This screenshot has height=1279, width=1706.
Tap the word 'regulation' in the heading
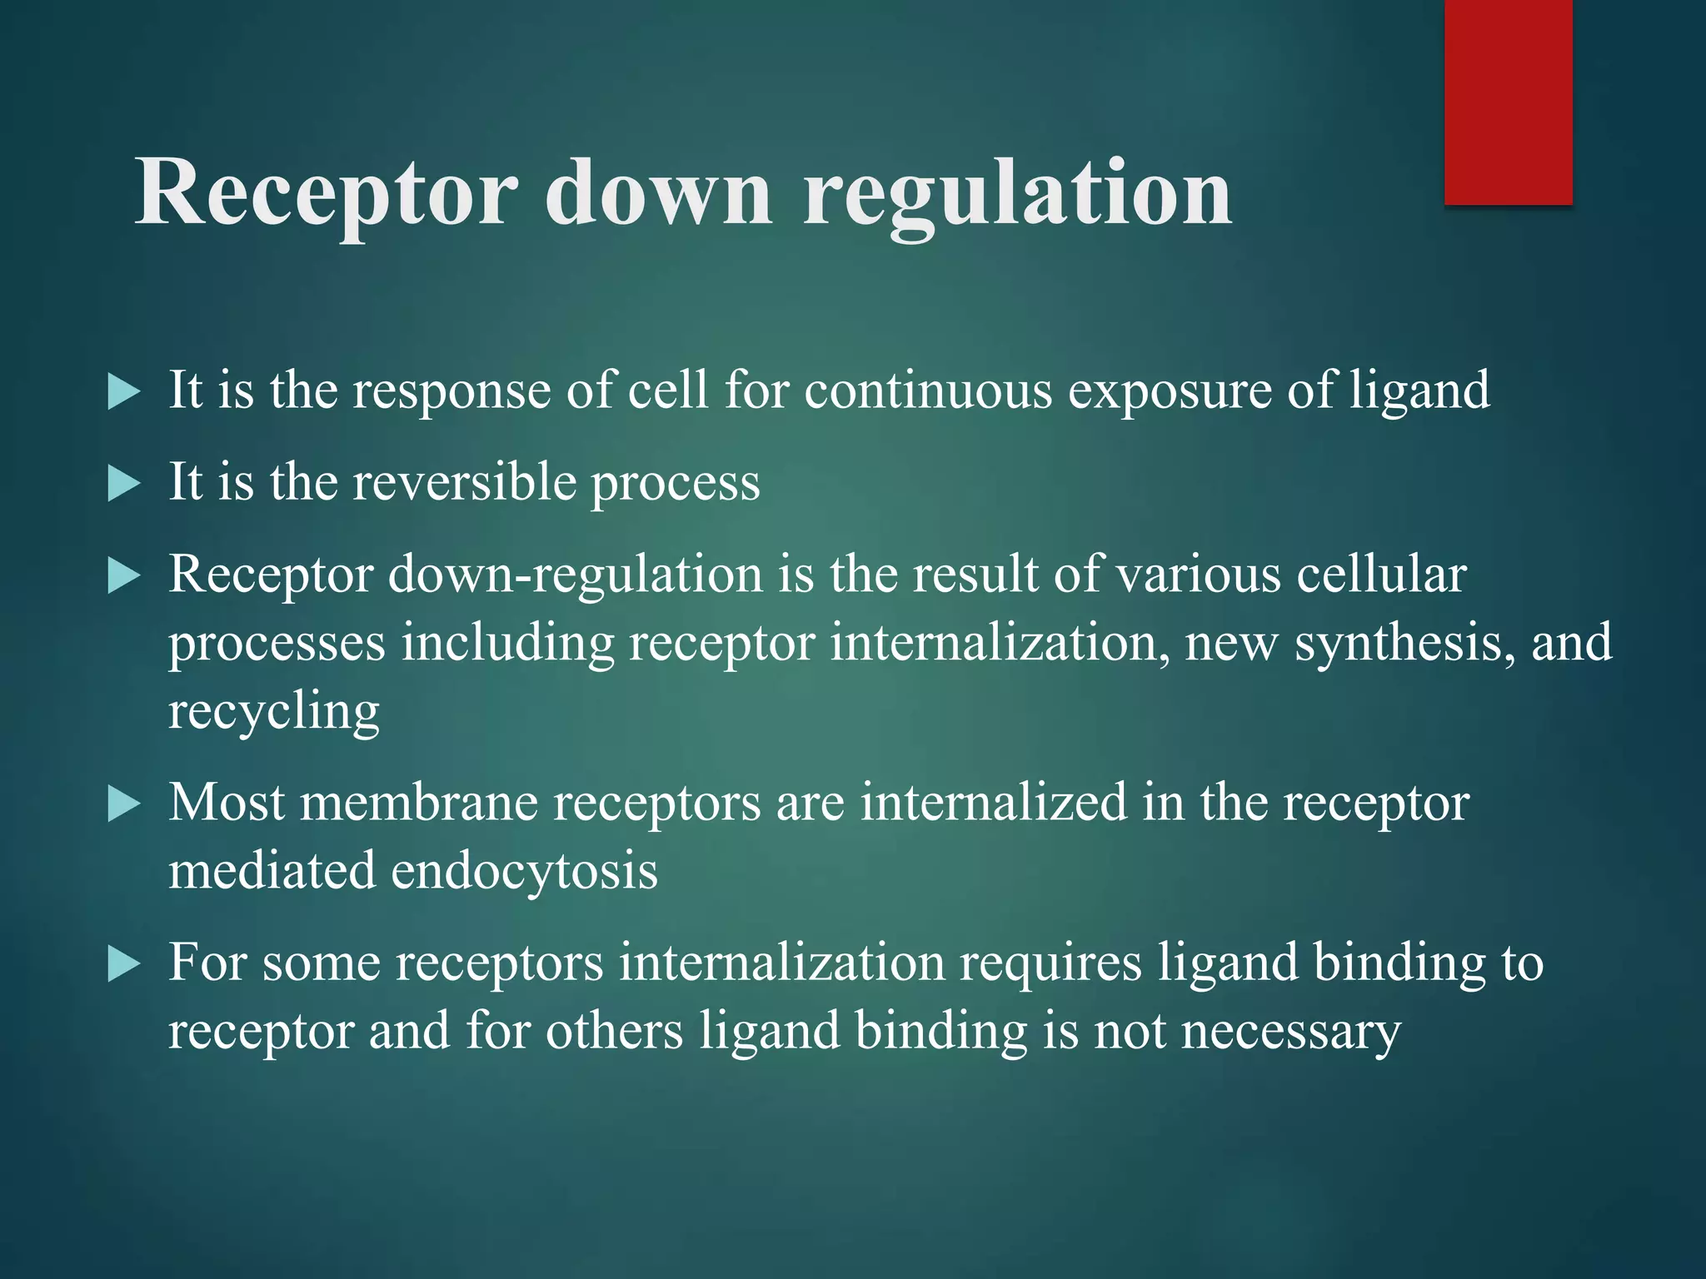[x=1016, y=197]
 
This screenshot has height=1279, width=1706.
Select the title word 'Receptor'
[x=325, y=197]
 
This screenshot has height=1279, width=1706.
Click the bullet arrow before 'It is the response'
[x=124, y=391]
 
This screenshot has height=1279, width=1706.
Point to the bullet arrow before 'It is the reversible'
[x=124, y=484]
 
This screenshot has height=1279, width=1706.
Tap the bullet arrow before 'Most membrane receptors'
[x=124, y=804]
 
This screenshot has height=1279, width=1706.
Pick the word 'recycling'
[x=274, y=713]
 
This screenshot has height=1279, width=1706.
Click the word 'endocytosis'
[x=525, y=871]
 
